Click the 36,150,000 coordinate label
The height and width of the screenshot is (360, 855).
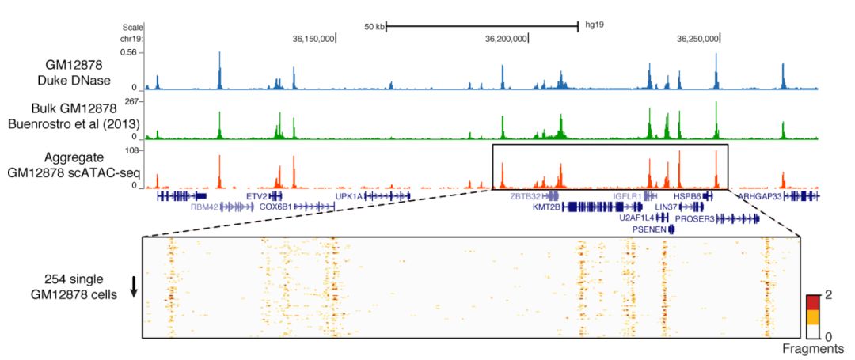coord(313,37)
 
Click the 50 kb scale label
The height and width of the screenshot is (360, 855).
coord(374,26)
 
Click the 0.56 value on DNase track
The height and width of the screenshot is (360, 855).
coord(129,52)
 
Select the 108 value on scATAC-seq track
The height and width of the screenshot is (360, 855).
coord(131,150)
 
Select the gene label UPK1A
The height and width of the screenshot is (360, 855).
coord(348,195)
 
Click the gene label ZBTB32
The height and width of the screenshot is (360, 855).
coord(526,195)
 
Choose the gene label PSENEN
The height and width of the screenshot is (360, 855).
coord(649,229)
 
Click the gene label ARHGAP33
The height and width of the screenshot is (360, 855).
coord(760,195)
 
